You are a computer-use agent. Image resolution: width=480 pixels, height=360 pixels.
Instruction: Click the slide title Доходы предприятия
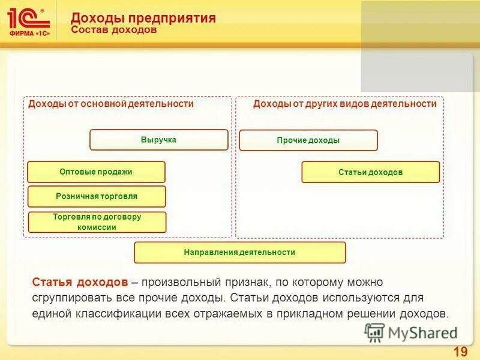[143, 18]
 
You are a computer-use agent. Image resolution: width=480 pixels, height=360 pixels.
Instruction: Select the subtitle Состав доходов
[114, 30]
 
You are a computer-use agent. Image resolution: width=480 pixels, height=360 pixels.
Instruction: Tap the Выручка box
[159, 140]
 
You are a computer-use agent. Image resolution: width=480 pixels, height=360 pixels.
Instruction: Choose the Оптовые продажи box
[96, 172]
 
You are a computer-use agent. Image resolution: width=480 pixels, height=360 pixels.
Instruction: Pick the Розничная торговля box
[97, 196]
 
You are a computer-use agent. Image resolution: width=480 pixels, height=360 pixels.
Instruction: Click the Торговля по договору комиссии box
[97, 222]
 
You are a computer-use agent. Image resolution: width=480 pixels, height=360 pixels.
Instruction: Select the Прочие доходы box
[308, 140]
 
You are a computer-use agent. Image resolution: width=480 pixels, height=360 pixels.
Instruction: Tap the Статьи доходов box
[370, 172]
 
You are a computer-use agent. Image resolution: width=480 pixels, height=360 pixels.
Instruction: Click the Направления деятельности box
[239, 253]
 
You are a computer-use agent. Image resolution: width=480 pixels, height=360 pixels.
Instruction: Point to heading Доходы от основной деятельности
[111, 104]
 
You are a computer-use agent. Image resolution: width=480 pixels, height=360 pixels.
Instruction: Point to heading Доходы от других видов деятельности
[344, 104]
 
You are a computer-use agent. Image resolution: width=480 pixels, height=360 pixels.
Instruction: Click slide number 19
[460, 352]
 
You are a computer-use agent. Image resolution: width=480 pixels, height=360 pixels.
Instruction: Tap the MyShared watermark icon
[374, 332]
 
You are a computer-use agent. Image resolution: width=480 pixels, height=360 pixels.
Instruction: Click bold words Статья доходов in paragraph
[79, 282]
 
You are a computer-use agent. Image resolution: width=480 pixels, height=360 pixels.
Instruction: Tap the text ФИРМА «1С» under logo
[29, 33]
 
